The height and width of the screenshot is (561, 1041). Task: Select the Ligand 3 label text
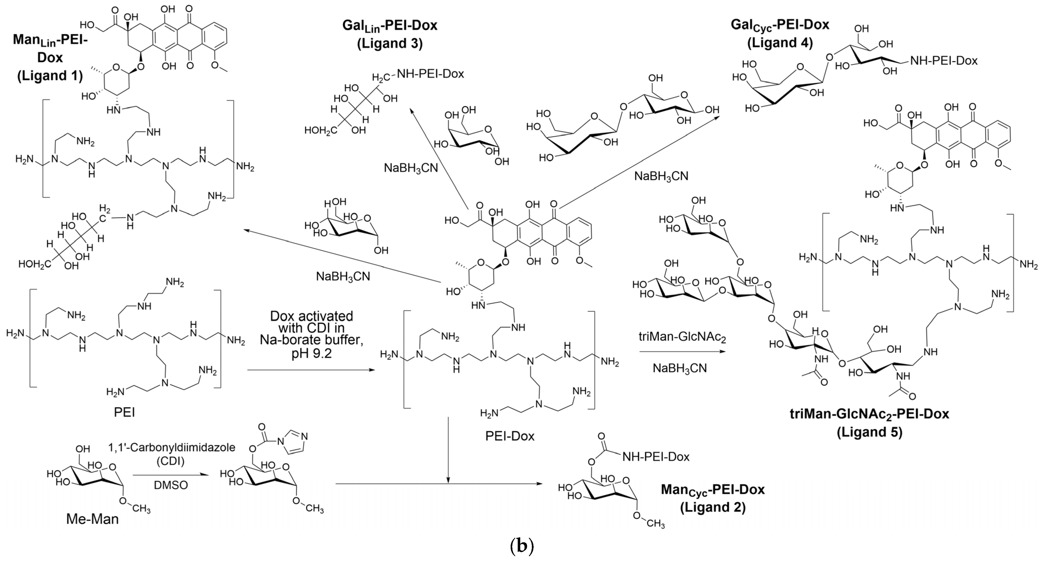click(389, 43)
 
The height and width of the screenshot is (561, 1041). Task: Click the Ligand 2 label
click(712, 507)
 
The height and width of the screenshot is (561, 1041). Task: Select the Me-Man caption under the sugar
click(93, 519)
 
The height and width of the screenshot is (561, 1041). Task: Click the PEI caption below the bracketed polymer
click(125, 413)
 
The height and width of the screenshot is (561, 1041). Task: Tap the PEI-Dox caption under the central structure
click(510, 436)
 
